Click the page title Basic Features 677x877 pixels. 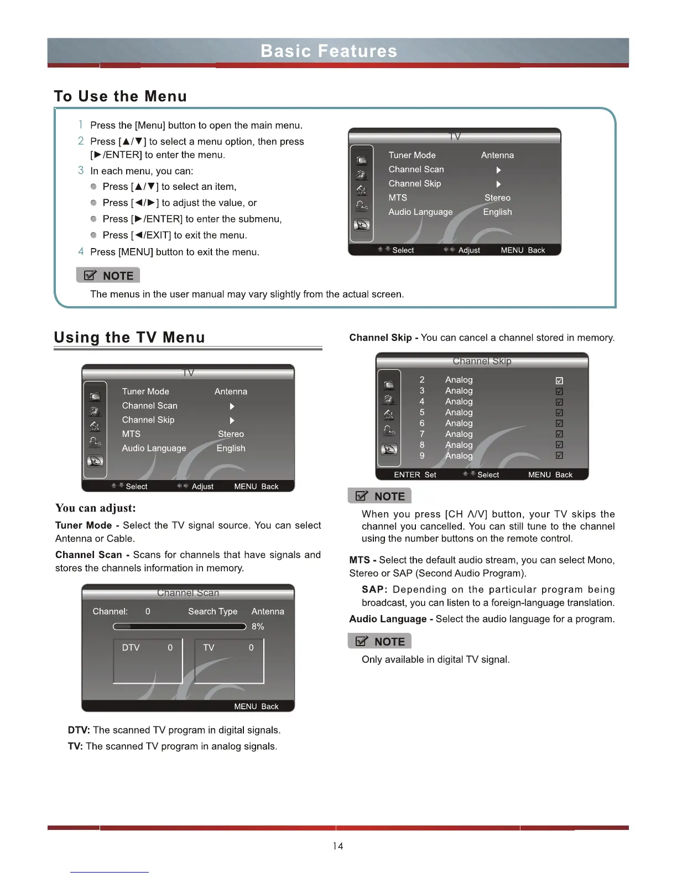coord(329,51)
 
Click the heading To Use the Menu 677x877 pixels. coord(120,96)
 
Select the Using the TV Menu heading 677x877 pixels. coord(129,337)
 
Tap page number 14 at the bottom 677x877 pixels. coord(338,846)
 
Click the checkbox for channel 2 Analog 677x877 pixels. coord(559,380)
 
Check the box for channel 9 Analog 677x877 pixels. coord(559,456)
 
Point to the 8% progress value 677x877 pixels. coord(258,626)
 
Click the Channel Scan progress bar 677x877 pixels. coord(179,627)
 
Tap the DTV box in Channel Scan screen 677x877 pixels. coord(148,661)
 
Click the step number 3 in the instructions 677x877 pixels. coord(81,171)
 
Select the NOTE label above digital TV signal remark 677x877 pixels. coord(380,642)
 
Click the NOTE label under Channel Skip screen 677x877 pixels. coord(380,496)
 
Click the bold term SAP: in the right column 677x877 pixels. coord(374,590)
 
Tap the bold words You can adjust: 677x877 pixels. coord(95,508)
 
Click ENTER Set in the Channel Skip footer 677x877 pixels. coord(415,474)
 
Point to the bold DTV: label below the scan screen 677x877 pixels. coord(79,730)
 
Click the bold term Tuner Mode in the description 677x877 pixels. coord(84,525)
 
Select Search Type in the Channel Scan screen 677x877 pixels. coord(212,611)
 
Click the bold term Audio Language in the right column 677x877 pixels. coord(388,619)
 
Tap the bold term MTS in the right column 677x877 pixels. coord(360,560)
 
